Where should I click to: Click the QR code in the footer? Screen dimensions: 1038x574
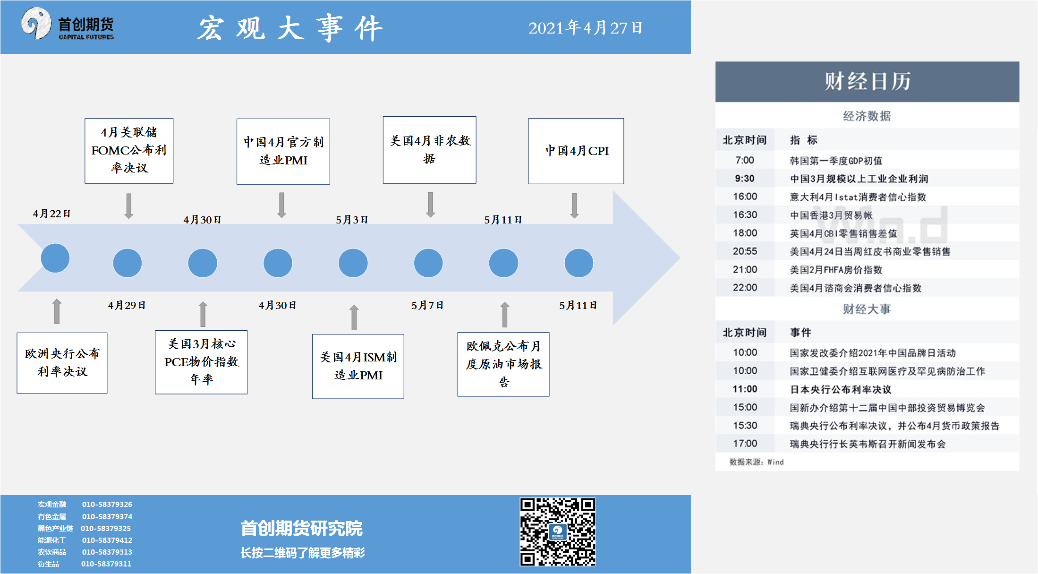coord(558,531)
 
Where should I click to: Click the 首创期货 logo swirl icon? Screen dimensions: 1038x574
coord(36,23)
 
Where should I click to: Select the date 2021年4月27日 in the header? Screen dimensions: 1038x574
coord(586,28)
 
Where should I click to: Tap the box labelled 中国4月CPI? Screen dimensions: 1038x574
coord(576,151)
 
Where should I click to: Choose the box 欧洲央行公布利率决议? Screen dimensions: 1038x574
coord(62,363)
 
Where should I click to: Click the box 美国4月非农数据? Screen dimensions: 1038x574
coord(430,150)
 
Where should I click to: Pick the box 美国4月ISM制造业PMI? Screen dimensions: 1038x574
coord(358,366)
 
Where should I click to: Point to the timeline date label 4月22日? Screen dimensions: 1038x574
coord(51,214)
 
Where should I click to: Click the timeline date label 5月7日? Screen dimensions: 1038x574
coord(427,305)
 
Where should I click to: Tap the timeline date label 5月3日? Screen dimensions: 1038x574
coord(352,220)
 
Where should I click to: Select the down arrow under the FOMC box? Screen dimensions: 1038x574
coord(129,206)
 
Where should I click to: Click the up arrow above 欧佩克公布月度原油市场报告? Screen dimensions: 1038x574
coord(505,315)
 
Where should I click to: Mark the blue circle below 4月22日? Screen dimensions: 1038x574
coord(55,258)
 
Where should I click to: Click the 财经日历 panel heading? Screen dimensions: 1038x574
coord(868,81)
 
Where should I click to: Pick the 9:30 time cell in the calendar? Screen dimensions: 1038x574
coord(745,179)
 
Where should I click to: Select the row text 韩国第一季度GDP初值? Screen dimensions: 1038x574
coord(836,161)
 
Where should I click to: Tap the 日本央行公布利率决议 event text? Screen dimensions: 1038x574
coord(841,389)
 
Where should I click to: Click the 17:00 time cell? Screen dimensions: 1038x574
coord(745,444)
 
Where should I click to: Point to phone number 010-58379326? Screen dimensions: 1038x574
coord(107,505)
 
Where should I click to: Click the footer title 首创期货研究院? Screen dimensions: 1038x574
coord(301,529)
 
